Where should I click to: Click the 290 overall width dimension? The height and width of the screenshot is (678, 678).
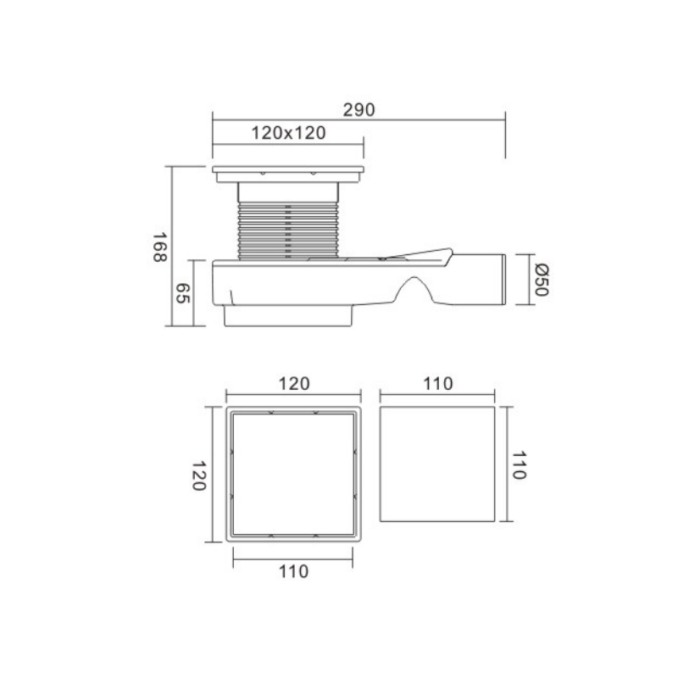tap(358, 110)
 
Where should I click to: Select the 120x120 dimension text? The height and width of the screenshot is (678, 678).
tap(288, 133)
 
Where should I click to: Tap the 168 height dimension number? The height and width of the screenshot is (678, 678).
tap(159, 247)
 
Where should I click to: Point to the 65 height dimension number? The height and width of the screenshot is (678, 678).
tap(182, 293)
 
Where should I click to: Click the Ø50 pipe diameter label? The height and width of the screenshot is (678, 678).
tap(542, 280)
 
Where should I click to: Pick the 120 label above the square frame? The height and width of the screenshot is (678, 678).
tap(294, 384)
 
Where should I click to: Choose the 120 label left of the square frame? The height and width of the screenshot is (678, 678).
tap(198, 475)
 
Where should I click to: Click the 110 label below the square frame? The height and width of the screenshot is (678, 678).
tap(293, 571)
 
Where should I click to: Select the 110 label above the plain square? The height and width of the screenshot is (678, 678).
tap(437, 384)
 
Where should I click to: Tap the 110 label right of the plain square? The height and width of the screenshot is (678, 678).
tap(519, 465)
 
